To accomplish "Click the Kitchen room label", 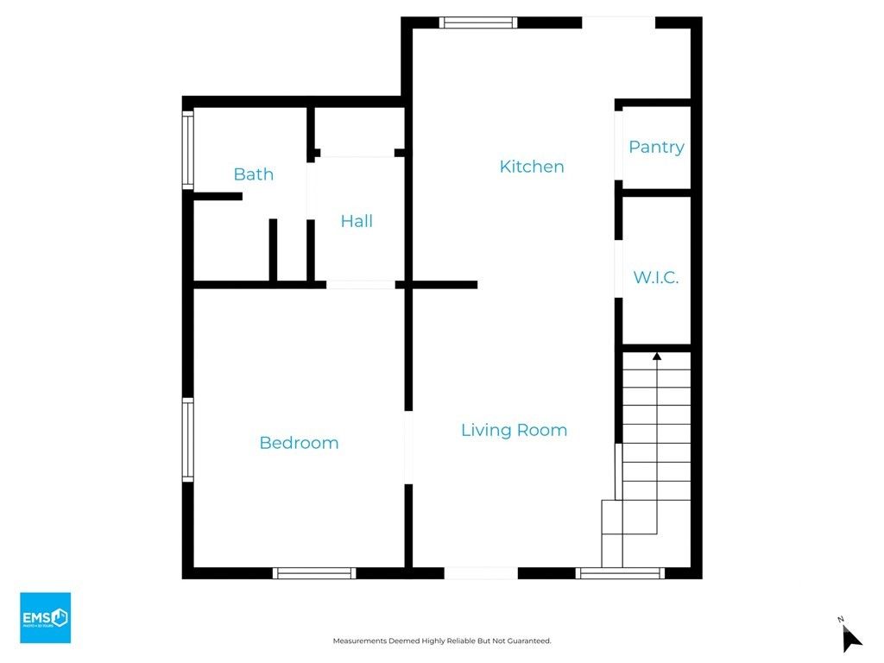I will pyautogui.click(x=532, y=167).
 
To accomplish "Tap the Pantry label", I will pyautogui.click(x=656, y=147).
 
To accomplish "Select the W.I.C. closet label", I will pyautogui.click(x=656, y=278).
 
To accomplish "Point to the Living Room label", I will pyautogui.click(x=514, y=430).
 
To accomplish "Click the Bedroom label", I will pyautogui.click(x=299, y=443).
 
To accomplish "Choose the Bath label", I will pyautogui.click(x=254, y=174).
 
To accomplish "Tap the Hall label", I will pyautogui.click(x=357, y=221).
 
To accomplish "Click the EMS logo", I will pyautogui.click(x=45, y=617).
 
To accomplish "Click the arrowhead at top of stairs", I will pyautogui.click(x=657, y=355).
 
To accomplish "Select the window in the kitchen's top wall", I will pyautogui.click(x=478, y=23).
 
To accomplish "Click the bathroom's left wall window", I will pyautogui.click(x=187, y=151).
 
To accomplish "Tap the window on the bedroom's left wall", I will pyautogui.click(x=187, y=439).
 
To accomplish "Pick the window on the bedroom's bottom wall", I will pyautogui.click(x=314, y=573).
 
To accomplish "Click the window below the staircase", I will pyautogui.click(x=620, y=573).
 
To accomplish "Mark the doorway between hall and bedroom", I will pyautogui.click(x=361, y=284).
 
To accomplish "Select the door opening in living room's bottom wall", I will pyautogui.click(x=481, y=573).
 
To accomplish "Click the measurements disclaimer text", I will pyautogui.click(x=442, y=641).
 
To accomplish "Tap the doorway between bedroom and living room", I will pyautogui.click(x=408, y=448).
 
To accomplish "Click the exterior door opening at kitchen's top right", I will pyautogui.click(x=618, y=22).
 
